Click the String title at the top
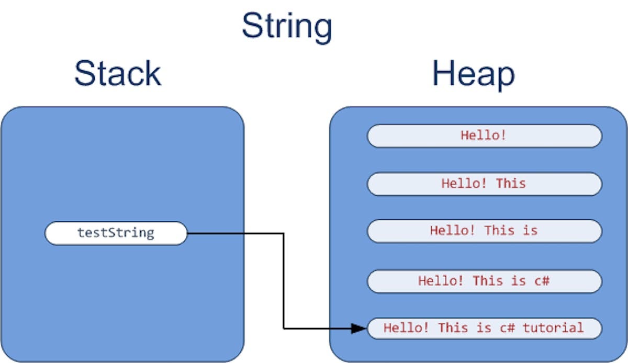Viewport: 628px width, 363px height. (287, 26)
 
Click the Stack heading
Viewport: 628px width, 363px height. (117, 74)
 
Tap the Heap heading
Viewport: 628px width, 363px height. (473, 74)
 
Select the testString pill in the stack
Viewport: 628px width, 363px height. (116, 233)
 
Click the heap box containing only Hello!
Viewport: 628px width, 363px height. (484, 135)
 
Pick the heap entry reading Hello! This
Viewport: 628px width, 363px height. (484, 184)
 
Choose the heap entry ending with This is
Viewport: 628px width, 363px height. (484, 231)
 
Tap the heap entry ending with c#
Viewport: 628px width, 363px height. (484, 281)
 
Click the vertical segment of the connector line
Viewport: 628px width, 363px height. (284, 282)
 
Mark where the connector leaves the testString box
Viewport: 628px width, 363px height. (188, 233)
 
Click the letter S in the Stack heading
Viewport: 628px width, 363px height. (86, 74)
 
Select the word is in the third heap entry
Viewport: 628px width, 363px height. (530, 231)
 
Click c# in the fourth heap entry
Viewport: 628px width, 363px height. (542, 281)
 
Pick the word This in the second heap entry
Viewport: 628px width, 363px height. (510, 184)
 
